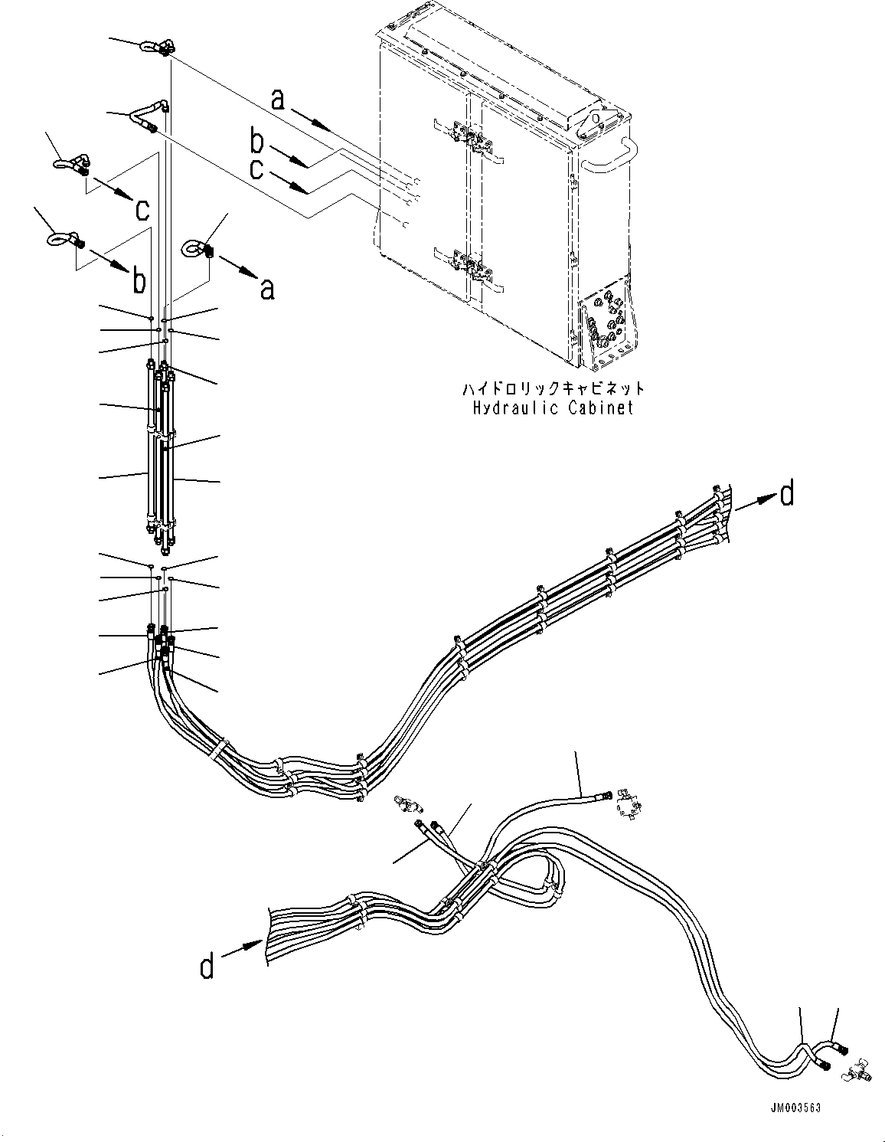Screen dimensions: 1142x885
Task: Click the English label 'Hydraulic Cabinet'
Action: coord(553,407)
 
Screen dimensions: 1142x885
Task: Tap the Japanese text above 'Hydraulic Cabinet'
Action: coord(553,389)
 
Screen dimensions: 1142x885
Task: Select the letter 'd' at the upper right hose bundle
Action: coord(786,496)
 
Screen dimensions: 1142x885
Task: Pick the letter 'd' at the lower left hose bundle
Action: coord(207,967)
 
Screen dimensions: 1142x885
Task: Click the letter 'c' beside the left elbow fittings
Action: coord(142,208)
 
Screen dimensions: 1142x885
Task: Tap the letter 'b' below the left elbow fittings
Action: coord(139,281)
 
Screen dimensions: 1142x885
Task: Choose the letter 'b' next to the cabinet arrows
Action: coord(258,142)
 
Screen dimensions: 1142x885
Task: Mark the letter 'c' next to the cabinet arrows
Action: coord(257,169)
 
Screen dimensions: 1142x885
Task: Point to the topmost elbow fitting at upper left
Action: coord(154,48)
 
